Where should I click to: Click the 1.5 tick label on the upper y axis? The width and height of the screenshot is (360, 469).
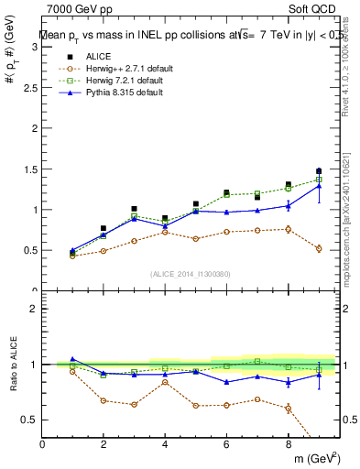[30, 169]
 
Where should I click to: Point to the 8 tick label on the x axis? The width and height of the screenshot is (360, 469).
[288, 444]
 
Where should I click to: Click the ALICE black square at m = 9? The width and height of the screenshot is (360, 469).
[319, 171]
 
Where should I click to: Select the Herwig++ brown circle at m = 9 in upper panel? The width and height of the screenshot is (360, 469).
[319, 249]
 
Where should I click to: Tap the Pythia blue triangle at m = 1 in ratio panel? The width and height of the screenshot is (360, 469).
[73, 359]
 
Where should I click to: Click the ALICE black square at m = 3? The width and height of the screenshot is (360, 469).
[134, 209]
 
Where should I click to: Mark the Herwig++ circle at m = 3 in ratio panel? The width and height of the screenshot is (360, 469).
[134, 404]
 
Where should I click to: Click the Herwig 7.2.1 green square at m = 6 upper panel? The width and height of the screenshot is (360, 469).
[226, 195]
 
